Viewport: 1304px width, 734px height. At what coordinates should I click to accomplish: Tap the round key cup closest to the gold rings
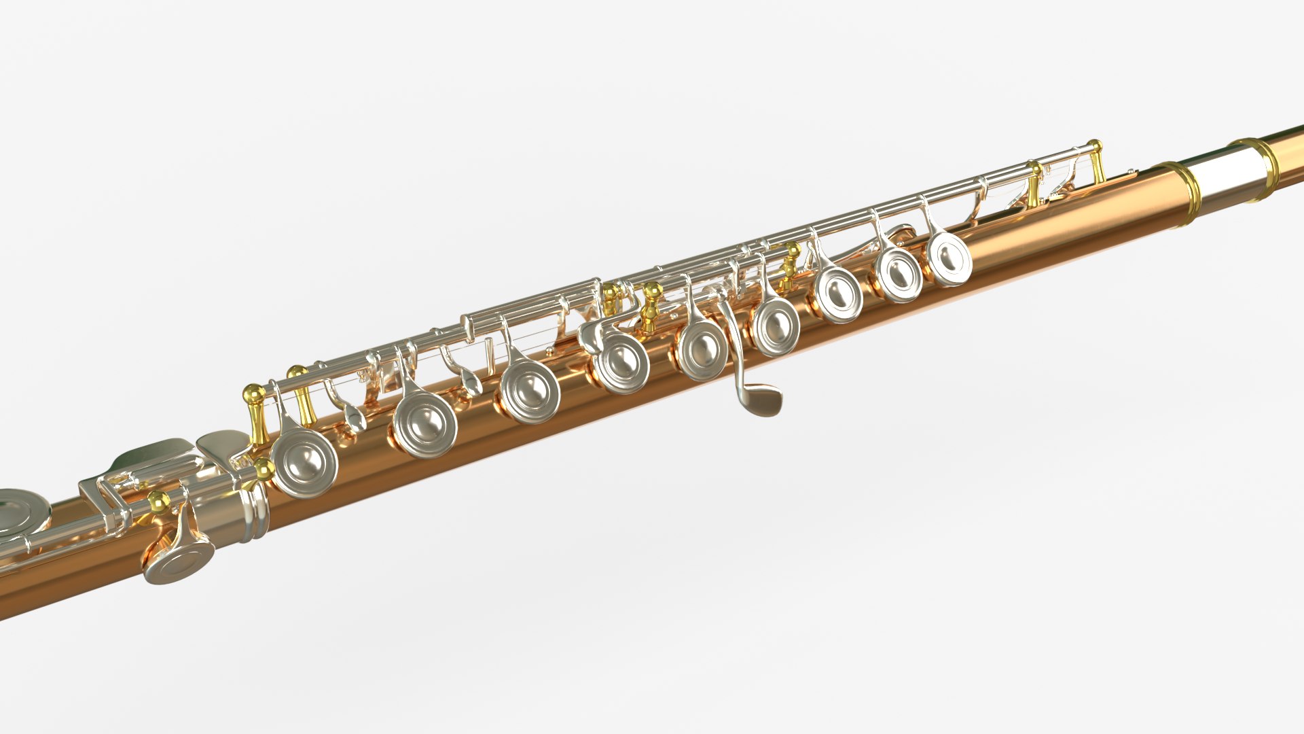[949, 258]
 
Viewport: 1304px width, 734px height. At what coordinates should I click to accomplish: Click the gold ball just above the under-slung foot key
[159, 502]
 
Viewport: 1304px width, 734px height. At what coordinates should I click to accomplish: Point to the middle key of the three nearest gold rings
[899, 274]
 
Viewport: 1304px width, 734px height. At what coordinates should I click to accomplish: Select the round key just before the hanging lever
[703, 350]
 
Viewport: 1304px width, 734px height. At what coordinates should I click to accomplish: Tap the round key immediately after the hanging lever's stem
[776, 327]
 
